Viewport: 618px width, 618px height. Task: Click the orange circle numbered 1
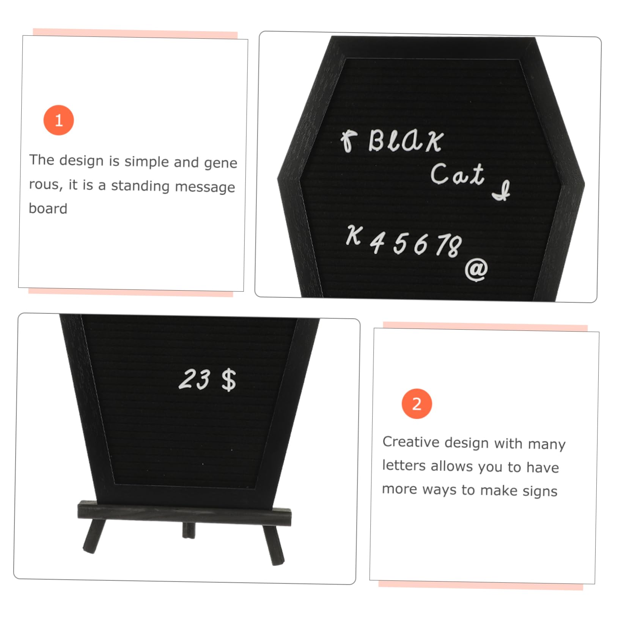pos(58,120)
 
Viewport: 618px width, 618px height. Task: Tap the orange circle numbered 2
pos(417,404)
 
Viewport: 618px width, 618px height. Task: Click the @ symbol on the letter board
pos(476,270)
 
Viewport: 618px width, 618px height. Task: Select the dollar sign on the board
pos(228,380)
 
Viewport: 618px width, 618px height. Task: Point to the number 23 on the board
pos(194,379)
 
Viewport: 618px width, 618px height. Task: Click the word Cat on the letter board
pos(457,175)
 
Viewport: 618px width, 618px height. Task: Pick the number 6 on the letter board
pos(420,244)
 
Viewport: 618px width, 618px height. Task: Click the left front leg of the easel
pos(94,536)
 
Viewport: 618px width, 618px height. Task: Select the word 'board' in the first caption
pos(48,209)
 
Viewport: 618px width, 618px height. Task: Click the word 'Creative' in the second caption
pos(411,442)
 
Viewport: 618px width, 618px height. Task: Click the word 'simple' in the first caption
pos(146,162)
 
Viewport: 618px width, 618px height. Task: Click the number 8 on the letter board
pos(454,247)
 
